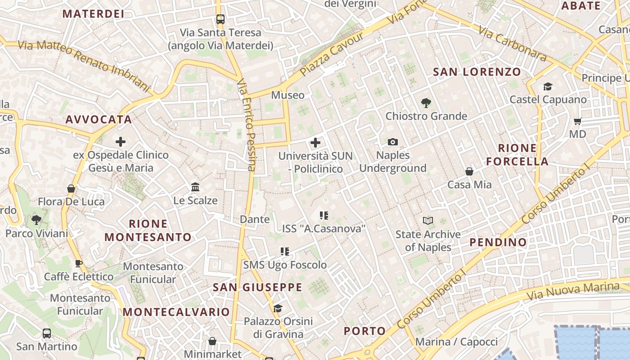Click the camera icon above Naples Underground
393,142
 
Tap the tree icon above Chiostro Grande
426,103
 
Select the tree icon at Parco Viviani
36,220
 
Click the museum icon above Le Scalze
195,187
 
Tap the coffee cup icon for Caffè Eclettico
79,263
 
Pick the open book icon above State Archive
427,221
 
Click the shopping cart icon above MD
578,121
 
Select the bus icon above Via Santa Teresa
220,19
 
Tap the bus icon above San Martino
47,333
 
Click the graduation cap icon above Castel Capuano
548,86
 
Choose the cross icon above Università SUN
315,143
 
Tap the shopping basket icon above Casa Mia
469,171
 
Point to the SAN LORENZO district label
477,72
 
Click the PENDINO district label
498,242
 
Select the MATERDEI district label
93,14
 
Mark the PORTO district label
365,331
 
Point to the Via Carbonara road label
512,44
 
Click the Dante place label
255,220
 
